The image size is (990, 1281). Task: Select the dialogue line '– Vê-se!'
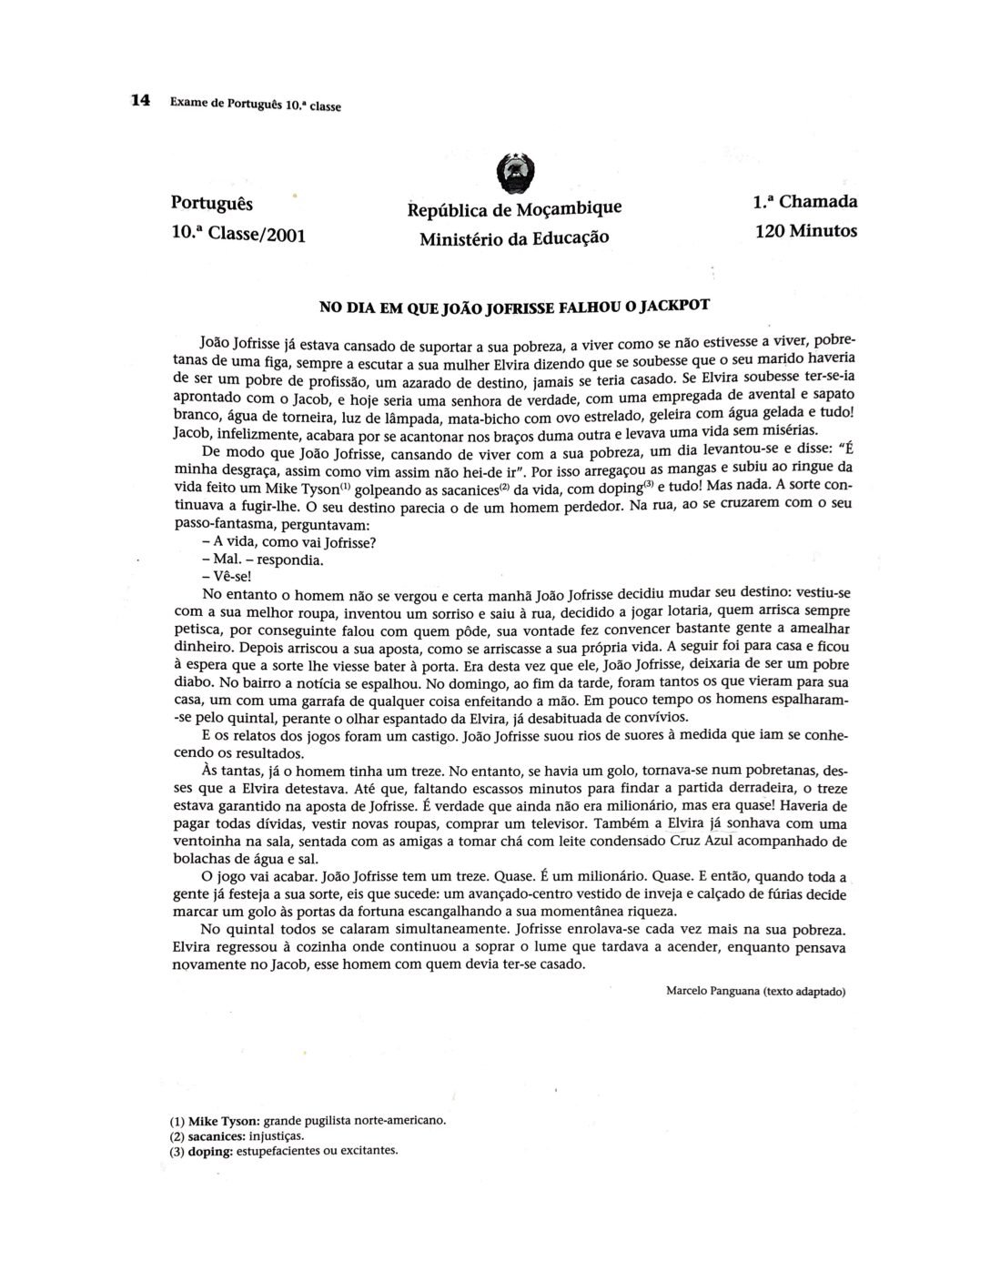226,577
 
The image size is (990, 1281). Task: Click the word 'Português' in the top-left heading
212,203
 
